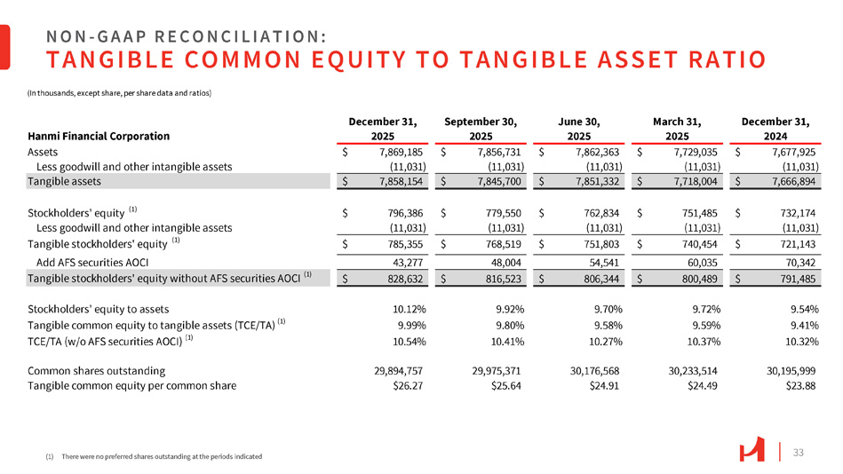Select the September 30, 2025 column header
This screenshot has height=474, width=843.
click(481, 127)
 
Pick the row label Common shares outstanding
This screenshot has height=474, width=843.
click(96, 370)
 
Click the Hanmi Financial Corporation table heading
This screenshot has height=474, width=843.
click(99, 137)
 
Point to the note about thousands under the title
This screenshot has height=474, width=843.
click(123, 92)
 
